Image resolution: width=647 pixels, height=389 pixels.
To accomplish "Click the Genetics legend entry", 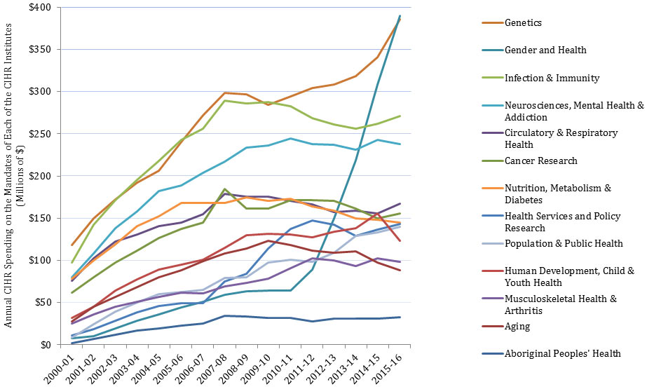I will [524, 23].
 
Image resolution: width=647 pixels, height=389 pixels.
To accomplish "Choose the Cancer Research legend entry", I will [540, 161].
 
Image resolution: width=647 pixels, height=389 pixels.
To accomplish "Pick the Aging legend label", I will [517, 327].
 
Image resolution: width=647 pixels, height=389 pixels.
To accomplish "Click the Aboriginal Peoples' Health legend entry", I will [562, 354].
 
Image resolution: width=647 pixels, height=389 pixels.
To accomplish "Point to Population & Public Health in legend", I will [562, 243].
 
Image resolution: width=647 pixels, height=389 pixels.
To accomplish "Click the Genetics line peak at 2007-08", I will [224, 93].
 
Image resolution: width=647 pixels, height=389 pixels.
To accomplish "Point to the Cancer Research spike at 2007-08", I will [224, 189].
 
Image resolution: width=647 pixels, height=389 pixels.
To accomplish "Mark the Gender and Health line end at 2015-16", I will [400, 15].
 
